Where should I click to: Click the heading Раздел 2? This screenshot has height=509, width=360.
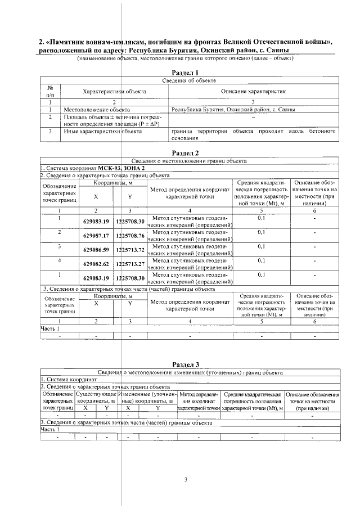(185, 152)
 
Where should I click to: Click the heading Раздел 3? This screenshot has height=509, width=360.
(185, 364)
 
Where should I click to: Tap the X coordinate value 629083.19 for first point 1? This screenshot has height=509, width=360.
(96, 222)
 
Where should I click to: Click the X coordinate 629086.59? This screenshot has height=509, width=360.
(96, 250)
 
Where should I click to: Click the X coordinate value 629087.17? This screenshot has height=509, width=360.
(96, 236)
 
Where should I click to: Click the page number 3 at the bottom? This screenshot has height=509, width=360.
(186, 479)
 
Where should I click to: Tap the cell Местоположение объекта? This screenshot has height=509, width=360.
(97, 110)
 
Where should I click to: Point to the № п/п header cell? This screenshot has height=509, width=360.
(50, 91)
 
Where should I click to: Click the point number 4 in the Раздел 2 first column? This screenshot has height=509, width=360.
(59, 260)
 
